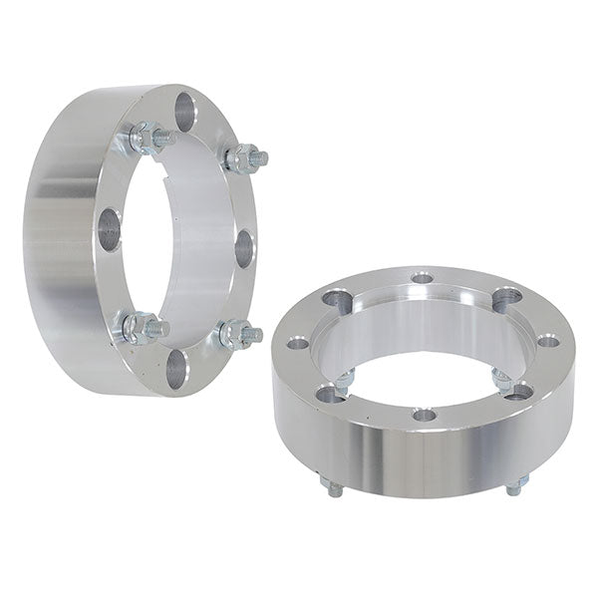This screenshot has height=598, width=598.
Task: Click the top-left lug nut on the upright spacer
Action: coord(147,138)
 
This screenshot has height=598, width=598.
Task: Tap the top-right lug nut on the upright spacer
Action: coord(245,157)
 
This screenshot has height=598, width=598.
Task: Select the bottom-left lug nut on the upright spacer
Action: coord(140,327)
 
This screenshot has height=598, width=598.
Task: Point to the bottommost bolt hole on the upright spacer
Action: coord(175,369)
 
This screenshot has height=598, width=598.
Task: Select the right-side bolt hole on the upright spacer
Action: coord(243,248)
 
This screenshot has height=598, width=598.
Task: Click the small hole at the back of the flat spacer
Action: coord(422,277)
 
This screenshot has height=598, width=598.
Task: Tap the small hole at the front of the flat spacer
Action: coord(425,414)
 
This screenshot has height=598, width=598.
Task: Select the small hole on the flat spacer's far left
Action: coord(298,344)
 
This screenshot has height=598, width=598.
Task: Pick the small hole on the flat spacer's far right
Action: coord(547,341)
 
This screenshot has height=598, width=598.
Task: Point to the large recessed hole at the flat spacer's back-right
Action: coord(506,296)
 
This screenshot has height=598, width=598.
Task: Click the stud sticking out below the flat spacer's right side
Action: coord(514,485)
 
